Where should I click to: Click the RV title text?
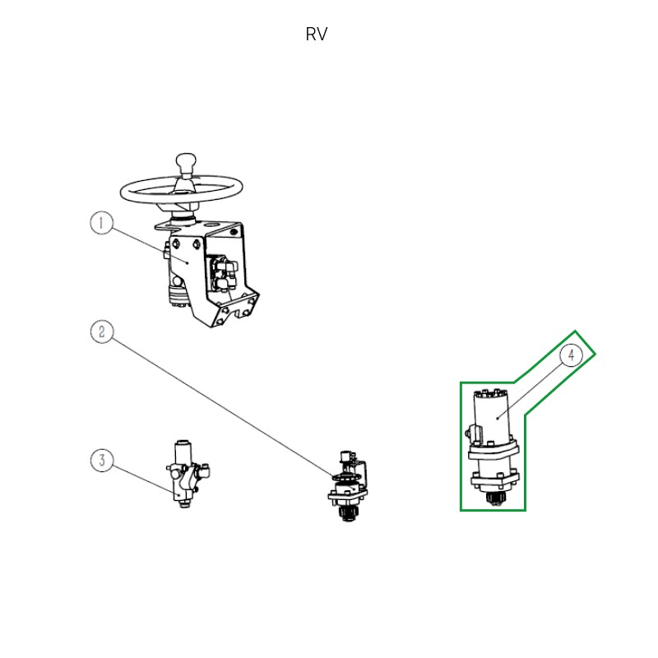[317, 35]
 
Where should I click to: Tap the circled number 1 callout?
[101, 223]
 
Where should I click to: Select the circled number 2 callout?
[102, 332]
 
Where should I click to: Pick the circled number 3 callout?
[102, 461]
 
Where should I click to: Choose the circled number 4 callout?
[571, 356]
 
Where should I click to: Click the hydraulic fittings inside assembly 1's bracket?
[225, 273]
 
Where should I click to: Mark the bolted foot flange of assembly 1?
[236, 312]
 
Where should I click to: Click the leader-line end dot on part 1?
[188, 262]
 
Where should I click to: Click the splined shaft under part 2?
[347, 513]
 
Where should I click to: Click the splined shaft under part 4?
[496, 499]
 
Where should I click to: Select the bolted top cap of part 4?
[491, 394]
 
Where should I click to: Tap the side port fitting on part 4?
[473, 433]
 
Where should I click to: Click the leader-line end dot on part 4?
[498, 418]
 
